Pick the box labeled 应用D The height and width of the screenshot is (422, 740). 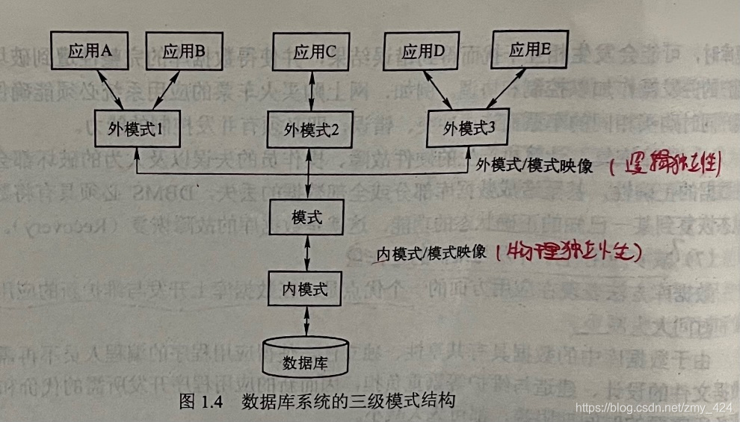pos(424,52)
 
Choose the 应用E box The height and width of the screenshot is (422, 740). pos(530,50)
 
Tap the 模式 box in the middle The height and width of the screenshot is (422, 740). pos(307,217)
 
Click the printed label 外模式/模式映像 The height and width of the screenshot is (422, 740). pos(534,166)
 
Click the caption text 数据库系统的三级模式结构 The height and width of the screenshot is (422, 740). pos(348,400)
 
